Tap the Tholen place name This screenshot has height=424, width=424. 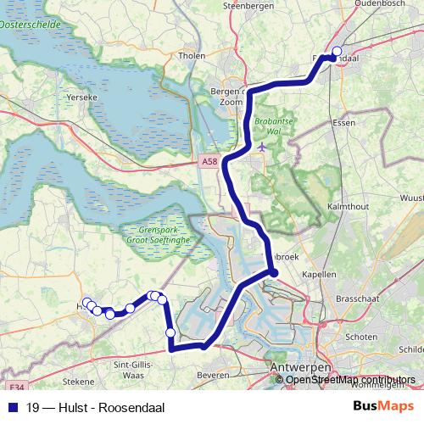(x=193, y=57)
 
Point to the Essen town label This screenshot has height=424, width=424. (x=344, y=123)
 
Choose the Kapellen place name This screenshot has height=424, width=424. (x=318, y=275)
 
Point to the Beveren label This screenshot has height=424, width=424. (x=212, y=374)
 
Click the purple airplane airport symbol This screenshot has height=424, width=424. (x=263, y=146)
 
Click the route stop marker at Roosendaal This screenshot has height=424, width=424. (x=337, y=51)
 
